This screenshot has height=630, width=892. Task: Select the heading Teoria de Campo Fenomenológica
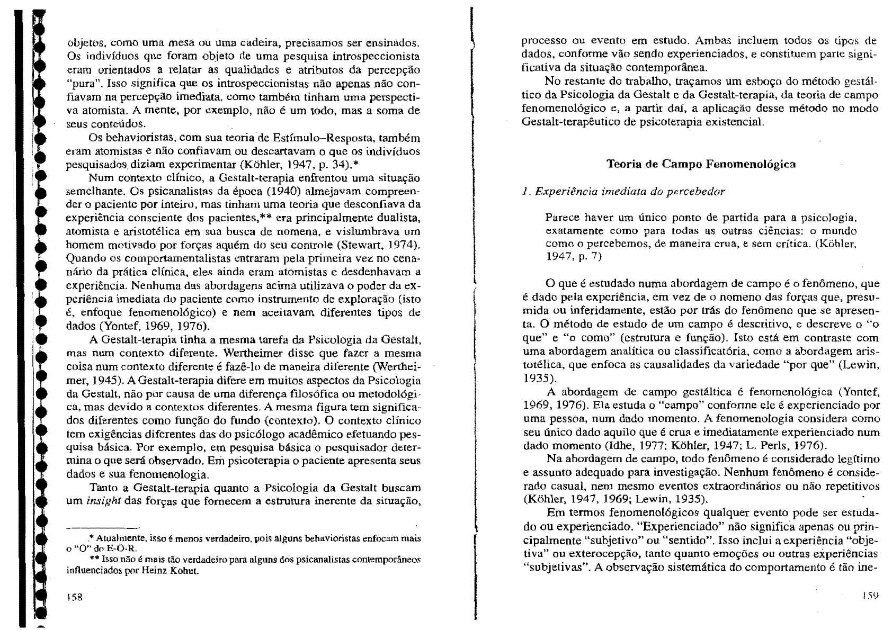pyautogui.click(x=701, y=164)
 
